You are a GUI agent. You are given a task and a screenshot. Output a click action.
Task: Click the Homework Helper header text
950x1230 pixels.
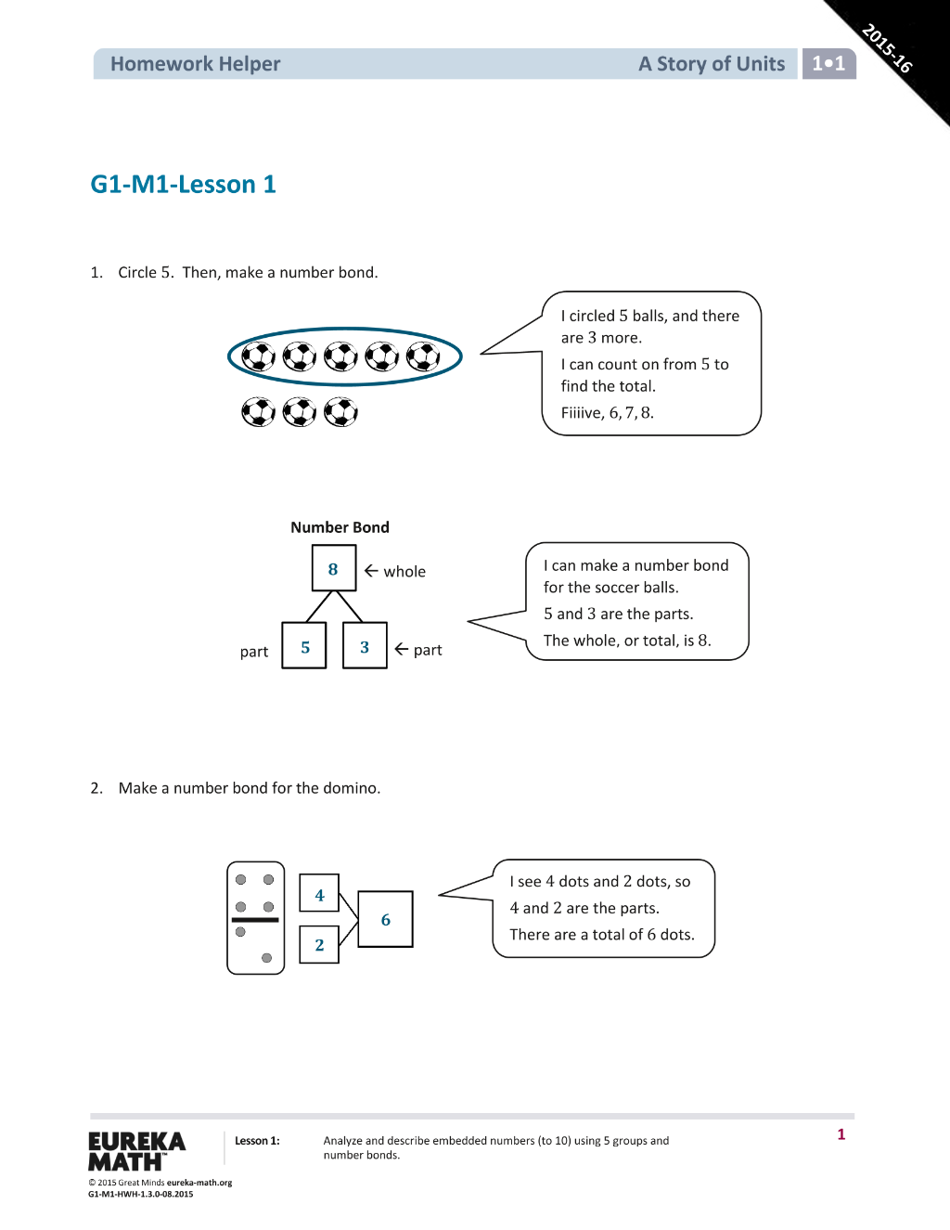tap(195, 64)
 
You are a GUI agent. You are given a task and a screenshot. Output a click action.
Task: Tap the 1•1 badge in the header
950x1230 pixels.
tap(828, 63)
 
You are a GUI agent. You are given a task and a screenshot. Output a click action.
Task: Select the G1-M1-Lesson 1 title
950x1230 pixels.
tap(183, 185)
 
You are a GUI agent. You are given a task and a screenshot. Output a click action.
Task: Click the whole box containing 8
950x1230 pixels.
tap(334, 568)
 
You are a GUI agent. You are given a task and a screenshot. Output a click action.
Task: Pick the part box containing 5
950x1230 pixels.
tap(304, 645)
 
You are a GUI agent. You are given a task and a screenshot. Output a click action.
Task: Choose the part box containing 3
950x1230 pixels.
tap(365, 645)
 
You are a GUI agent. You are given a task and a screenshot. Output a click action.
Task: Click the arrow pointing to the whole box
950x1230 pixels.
tap(371, 570)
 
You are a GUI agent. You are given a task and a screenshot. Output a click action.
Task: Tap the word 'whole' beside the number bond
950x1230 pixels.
tap(404, 572)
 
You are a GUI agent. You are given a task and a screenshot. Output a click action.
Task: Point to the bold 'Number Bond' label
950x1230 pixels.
tap(340, 527)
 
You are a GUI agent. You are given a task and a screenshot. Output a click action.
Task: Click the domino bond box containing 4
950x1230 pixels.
tap(319, 893)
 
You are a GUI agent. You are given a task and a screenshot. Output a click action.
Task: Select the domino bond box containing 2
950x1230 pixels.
tap(319, 944)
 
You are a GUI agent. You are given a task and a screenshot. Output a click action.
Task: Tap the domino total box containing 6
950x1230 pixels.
tap(386, 919)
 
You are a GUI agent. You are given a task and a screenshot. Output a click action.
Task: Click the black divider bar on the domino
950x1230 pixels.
tap(255, 920)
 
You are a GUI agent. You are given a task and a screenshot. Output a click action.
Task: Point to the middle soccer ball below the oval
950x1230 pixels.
tap(300, 412)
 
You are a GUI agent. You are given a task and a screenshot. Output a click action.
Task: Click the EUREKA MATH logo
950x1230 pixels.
tap(137, 1151)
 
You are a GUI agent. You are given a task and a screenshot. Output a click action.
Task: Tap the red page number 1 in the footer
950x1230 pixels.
tap(841, 1134)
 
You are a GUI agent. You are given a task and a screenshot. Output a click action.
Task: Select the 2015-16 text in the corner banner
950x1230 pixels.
tap(887, 48)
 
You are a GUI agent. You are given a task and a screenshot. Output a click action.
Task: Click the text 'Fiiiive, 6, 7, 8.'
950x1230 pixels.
tap(608, 413)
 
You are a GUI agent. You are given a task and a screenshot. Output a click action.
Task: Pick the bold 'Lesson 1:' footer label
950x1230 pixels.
tap(257, 1141)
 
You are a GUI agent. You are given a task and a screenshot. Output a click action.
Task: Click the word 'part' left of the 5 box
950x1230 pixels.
tap(254, 652)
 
